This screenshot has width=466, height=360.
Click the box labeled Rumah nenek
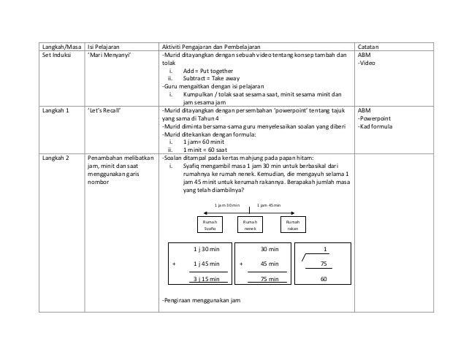pyautogui.click(x=251, y=226)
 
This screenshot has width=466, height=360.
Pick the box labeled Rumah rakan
pyautogui.click(x=292, y=226)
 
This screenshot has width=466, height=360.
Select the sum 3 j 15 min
pyautogui.click(x=207, y=278)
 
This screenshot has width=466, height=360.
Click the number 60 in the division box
pyautogui.click(x=324, y=278)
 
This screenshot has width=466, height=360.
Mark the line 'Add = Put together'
pyautogui.click(x=205, y=72)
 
